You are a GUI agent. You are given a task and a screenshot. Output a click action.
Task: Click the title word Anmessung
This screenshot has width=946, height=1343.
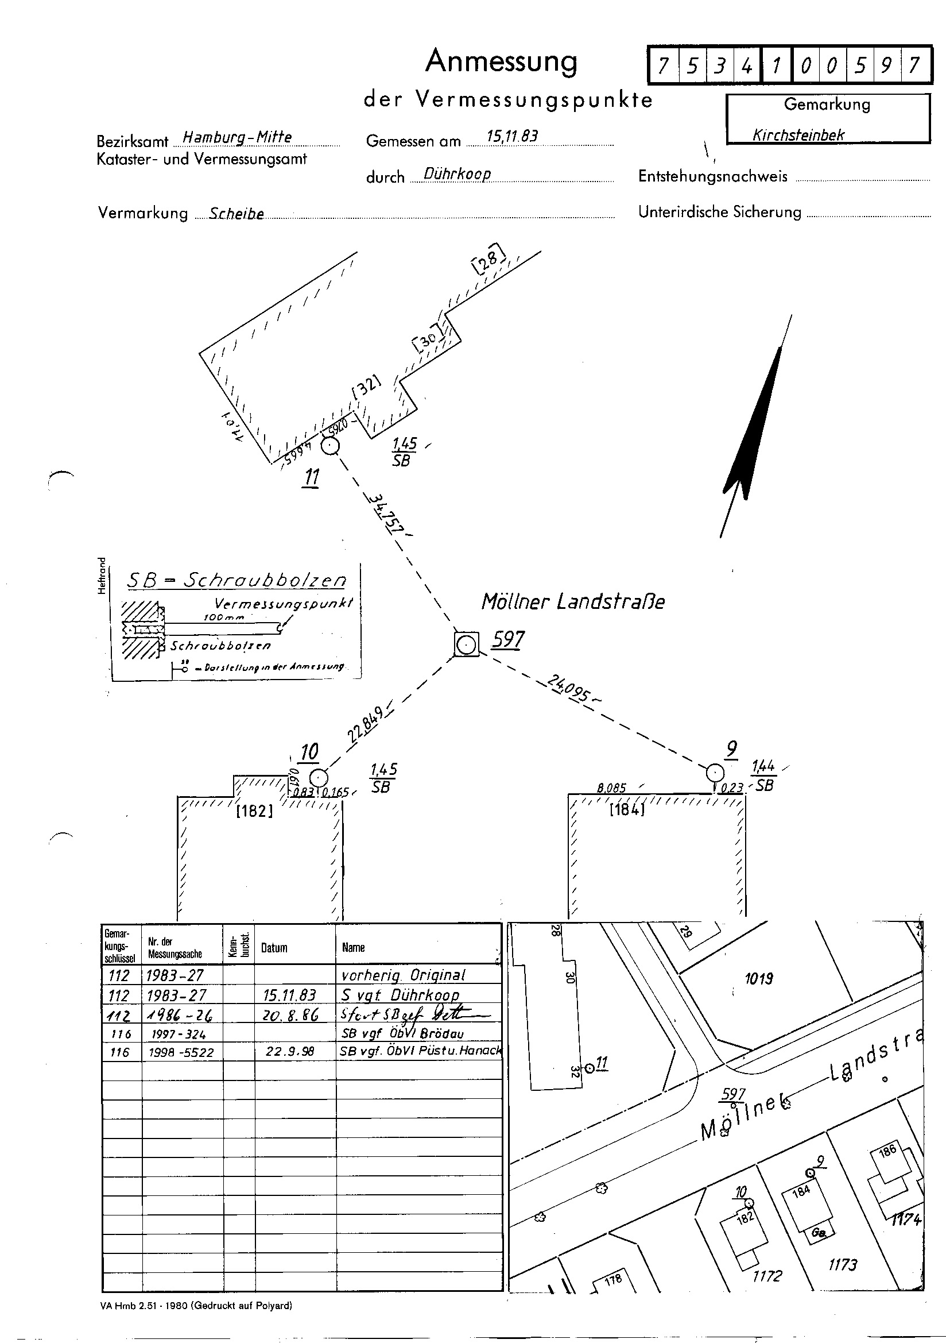point(501,61)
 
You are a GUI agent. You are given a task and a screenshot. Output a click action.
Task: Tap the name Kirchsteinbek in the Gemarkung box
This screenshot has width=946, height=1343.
point(798,135)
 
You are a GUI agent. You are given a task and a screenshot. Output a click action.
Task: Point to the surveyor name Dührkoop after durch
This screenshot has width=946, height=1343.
point(457,173)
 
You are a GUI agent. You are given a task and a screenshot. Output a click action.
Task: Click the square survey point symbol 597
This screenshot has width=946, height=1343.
point(466,645)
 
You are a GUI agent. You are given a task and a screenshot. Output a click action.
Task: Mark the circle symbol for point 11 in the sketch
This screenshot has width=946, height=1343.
point(331,447)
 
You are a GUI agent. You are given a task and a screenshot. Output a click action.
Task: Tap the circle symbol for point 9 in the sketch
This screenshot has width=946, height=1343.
point(715,772)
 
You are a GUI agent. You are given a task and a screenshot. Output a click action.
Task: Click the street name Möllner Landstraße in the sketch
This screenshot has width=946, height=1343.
point(573,601)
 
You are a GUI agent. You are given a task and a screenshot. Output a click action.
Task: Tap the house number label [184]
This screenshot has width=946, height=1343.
point(626,810)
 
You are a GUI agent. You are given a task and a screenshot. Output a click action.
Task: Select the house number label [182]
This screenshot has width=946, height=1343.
point(254,811)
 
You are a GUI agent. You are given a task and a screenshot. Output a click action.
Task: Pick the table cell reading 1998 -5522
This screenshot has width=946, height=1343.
point(181,1052)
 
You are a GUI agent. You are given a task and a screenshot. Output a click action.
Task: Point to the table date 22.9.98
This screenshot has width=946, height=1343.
point(290,1052)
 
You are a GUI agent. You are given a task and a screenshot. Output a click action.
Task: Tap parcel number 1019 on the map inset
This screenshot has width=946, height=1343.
point(759,978)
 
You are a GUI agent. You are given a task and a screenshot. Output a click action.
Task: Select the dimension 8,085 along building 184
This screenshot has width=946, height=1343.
point(611,788)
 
